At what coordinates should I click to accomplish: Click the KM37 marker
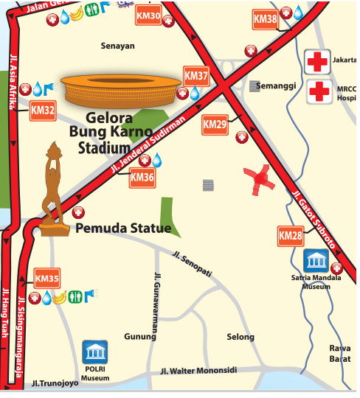196,76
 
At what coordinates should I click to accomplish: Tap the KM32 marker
44,111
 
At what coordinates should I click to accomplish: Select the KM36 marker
142,177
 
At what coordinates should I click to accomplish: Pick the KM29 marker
215,125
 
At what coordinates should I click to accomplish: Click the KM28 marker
291,237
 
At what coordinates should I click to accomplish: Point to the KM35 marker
47,279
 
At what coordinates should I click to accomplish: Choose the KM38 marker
266,18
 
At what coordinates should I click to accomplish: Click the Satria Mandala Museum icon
318,261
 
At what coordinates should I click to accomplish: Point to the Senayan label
117,46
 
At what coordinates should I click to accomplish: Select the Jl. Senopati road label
192,264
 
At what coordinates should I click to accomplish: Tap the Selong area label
240,338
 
